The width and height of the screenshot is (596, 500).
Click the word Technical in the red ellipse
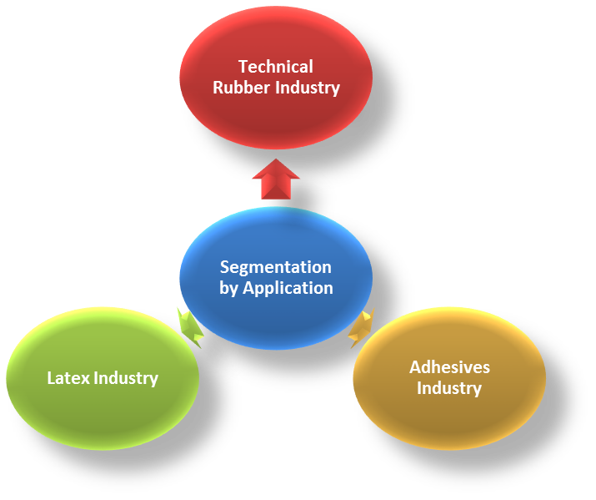276,67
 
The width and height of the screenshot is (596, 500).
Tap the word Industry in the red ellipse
309,88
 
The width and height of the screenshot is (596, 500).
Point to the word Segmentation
276,267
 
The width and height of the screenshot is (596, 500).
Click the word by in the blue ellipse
229,289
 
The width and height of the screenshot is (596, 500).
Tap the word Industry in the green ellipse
126,378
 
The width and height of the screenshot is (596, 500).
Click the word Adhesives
449,367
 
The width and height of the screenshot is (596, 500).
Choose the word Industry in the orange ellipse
449,388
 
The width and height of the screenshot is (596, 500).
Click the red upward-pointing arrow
276,179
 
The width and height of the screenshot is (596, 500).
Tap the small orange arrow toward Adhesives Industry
362,327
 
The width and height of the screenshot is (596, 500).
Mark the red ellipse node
276,117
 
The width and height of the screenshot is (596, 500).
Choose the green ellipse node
103,417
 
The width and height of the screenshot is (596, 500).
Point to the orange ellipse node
449,422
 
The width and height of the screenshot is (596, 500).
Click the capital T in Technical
243,67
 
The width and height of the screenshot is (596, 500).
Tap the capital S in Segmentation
224,267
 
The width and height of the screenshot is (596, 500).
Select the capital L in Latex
51,378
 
